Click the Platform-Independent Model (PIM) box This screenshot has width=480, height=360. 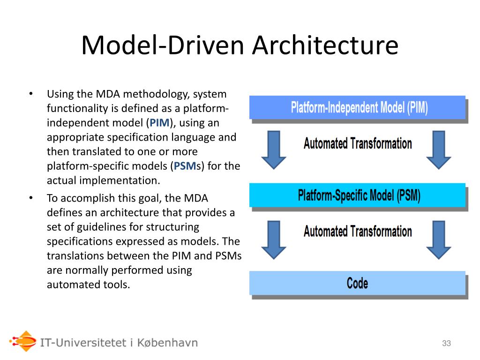click(357, 107)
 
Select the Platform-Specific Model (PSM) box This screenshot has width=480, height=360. click(357, 195)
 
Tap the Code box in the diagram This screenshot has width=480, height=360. click(357, 283)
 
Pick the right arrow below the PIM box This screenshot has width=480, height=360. click(438, 150)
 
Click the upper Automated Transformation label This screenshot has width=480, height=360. click(358, 143)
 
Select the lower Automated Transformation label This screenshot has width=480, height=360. click(358, 231)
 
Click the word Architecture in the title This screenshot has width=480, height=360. click(326, 45)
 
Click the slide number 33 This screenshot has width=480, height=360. click(446, 344)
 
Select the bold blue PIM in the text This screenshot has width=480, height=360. click(159, 123)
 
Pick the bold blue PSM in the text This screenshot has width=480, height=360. click(184, 166)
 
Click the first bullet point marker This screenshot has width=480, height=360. click(30, 94)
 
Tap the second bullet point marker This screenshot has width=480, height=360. click(30, 198)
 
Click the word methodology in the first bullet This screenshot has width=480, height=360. click(154, 94)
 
